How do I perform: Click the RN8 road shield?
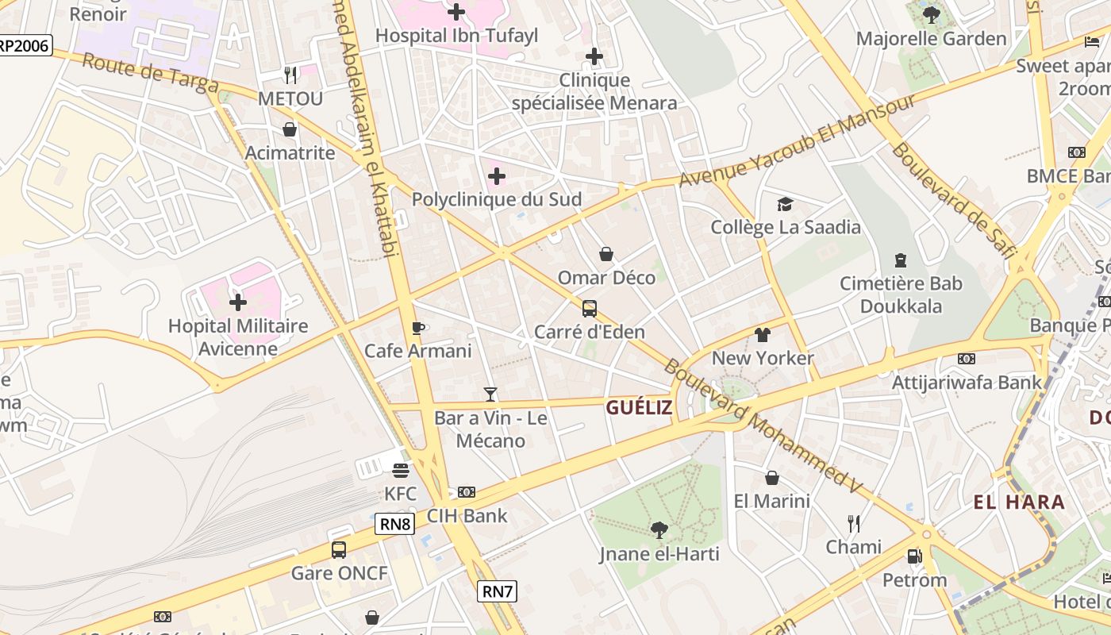click(x=395, y=524)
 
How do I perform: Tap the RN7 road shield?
click(x=498, y=591)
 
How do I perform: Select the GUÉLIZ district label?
click(x=639, y=408)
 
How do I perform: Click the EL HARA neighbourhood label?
click(x=1019, y=502)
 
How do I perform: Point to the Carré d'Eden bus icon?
click(x=589, y=309)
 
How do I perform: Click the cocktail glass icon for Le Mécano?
click(x=490, y=394)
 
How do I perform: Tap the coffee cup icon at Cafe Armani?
click(x=418, y=328)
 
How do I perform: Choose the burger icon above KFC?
click(x=400, y=471)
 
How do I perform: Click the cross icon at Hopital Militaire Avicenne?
click(x=237, y=302)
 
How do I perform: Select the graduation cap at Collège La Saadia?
click(x=785, y=205)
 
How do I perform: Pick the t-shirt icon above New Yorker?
click(x=762, y=335)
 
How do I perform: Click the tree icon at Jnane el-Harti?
click(x=659, y=529)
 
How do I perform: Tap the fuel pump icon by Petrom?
click(x=914, y=556)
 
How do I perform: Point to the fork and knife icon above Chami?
click(x=854, y=524)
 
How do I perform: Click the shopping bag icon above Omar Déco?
click(x=606, y=254)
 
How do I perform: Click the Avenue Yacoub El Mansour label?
click(x=797, y=140)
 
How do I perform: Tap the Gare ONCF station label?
click(x=340, y=573)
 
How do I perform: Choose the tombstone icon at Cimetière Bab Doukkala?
click(x=901, y=260)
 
